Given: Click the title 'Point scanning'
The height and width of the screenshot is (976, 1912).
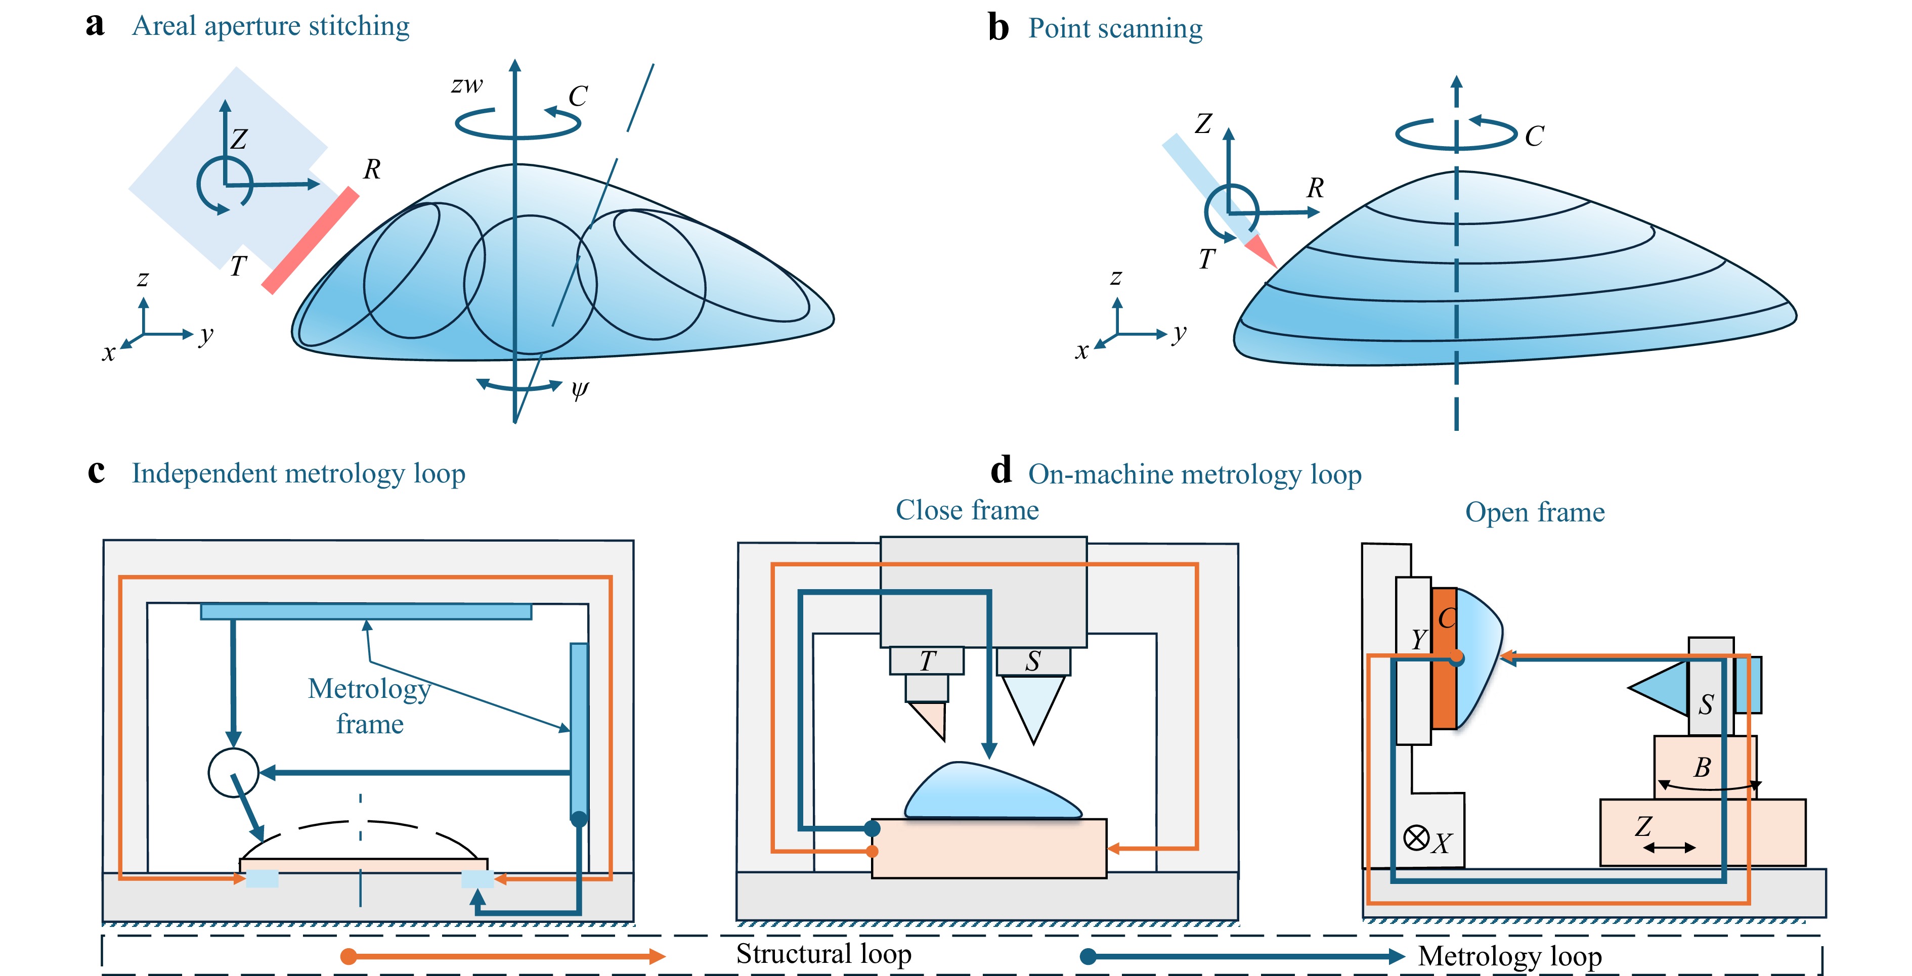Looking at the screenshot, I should [1115, 29].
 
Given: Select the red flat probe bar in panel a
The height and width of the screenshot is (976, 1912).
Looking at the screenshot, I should [310, 241].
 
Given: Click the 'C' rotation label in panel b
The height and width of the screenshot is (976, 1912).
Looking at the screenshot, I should [1534, 137].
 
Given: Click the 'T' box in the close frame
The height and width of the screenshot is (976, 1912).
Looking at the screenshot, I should [927, 660].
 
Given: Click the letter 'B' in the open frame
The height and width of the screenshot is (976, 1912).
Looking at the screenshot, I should [1702, 768].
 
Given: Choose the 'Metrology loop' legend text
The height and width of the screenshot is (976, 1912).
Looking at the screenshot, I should [1510, 956].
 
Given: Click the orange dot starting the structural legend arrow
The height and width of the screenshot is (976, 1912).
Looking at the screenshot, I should [348, 956].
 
